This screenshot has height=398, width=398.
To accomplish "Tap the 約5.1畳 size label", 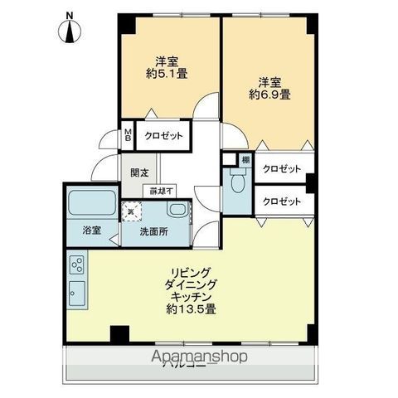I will pos(167,73).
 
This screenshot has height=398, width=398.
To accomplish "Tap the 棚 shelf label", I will pos(245,159).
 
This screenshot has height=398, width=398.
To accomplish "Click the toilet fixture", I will pos(237,181).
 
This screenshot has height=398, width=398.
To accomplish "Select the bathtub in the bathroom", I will pos(93,201).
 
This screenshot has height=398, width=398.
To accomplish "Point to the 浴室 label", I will pos(90,231).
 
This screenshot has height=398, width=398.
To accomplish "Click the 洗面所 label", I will pos(153,232).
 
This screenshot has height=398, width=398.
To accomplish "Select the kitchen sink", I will pos(76,293).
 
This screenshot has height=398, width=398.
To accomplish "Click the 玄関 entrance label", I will pos(139,173).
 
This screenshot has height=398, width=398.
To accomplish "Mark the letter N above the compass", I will pos(70,15).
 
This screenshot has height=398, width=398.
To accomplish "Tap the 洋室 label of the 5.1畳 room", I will pos(167,60).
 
